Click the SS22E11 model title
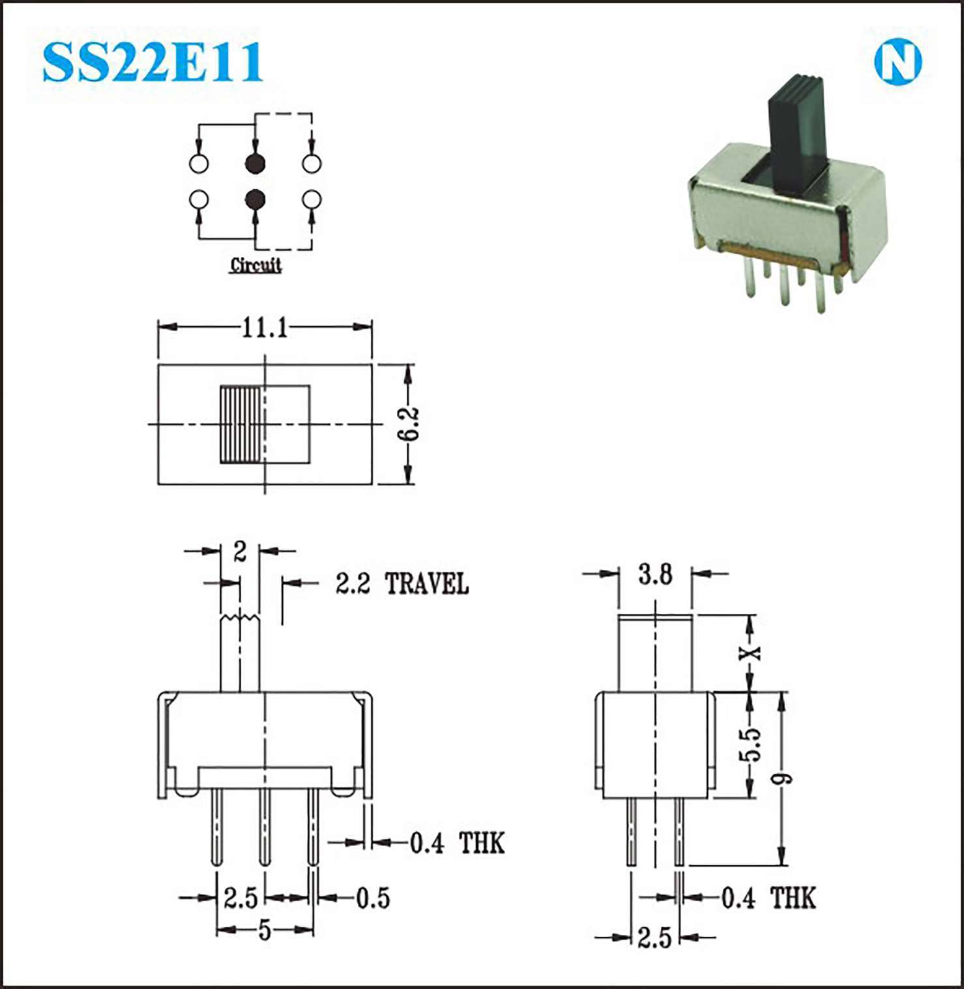point(153,62)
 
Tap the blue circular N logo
point(898,63)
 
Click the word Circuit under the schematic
point(256,265)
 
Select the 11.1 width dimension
point(265,327)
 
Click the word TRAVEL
point(427,583)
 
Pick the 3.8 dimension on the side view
point(655,574)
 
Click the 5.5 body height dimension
point(750,744)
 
